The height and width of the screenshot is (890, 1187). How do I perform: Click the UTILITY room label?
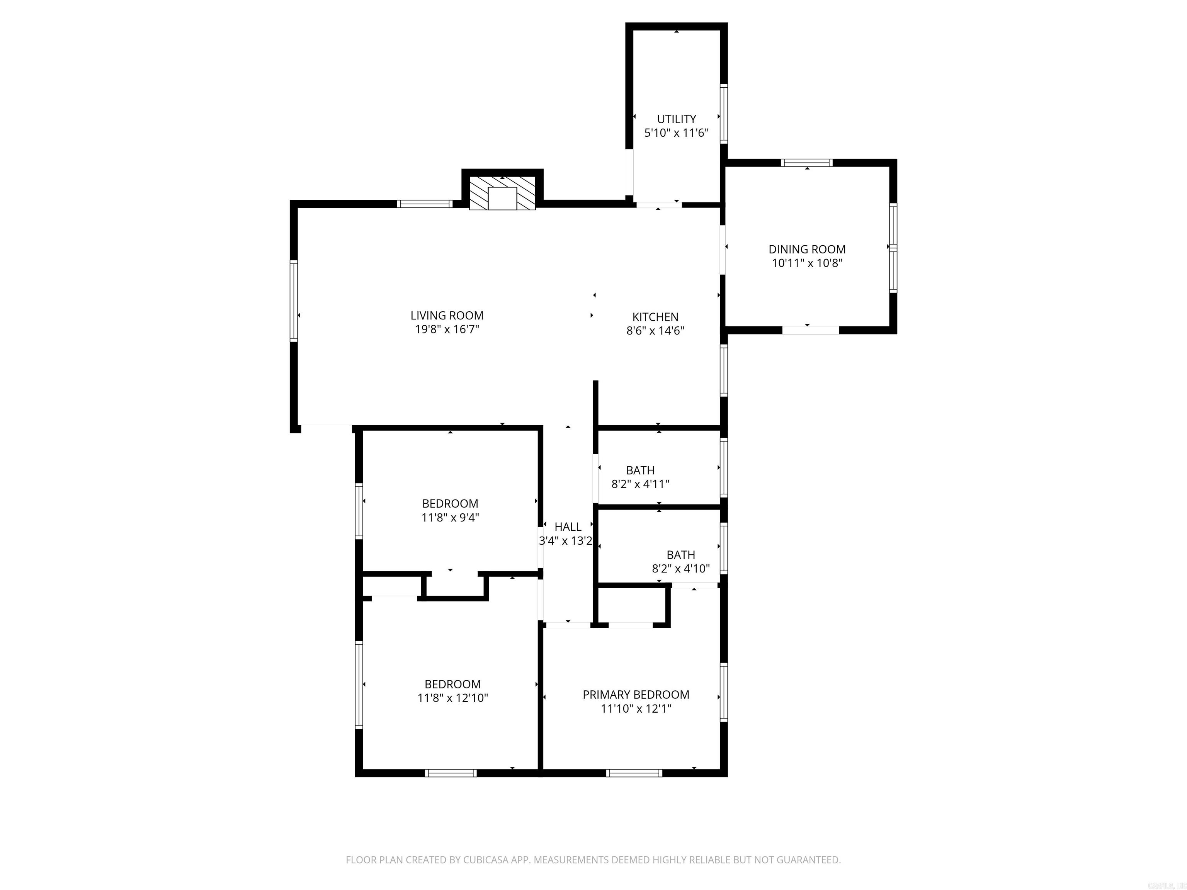click(x=676, y=119)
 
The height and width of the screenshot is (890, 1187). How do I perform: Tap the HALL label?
click(x=568, y=527)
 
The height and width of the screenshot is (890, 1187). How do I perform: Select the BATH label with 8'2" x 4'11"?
click(x=640, y=470)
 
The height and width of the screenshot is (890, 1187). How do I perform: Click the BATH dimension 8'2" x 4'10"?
click(x=680, y=569)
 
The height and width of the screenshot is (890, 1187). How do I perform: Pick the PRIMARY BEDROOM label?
click(x=636, y=695)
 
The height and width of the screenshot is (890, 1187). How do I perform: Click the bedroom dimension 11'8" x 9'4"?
click(x=450, y=518)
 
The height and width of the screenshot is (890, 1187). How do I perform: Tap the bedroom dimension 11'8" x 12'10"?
click(x=452, y=698)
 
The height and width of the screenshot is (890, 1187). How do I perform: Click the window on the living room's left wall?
click(x=294, y=301)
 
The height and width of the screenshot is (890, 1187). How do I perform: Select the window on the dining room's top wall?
click(x=806, y=163)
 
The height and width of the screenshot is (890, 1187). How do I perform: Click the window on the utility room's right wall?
click(x=723, y=114)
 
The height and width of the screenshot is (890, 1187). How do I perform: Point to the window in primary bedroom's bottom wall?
click(x=634, y=773)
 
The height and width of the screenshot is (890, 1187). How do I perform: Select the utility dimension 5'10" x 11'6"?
click(x=676, y=133)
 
